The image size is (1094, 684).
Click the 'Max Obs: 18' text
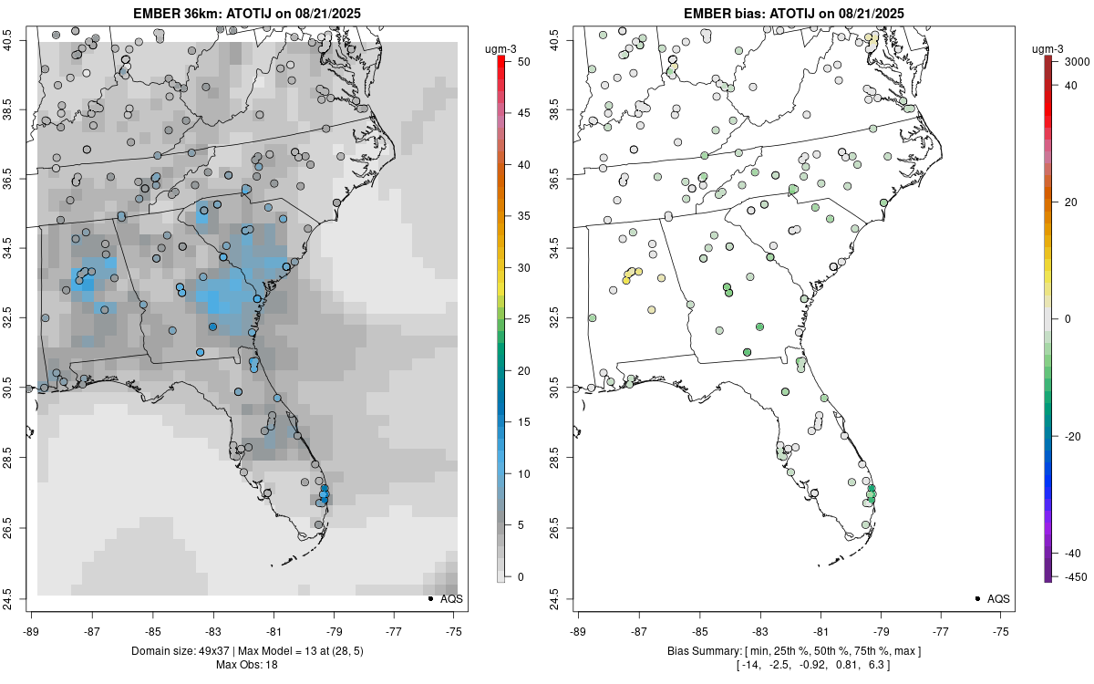coord(247,664)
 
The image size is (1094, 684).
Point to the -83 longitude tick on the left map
coord(213,630)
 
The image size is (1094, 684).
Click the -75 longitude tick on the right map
coord(1001,630)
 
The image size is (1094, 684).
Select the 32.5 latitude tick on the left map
coord(19,318)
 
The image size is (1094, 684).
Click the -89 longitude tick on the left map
coord(32,630)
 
